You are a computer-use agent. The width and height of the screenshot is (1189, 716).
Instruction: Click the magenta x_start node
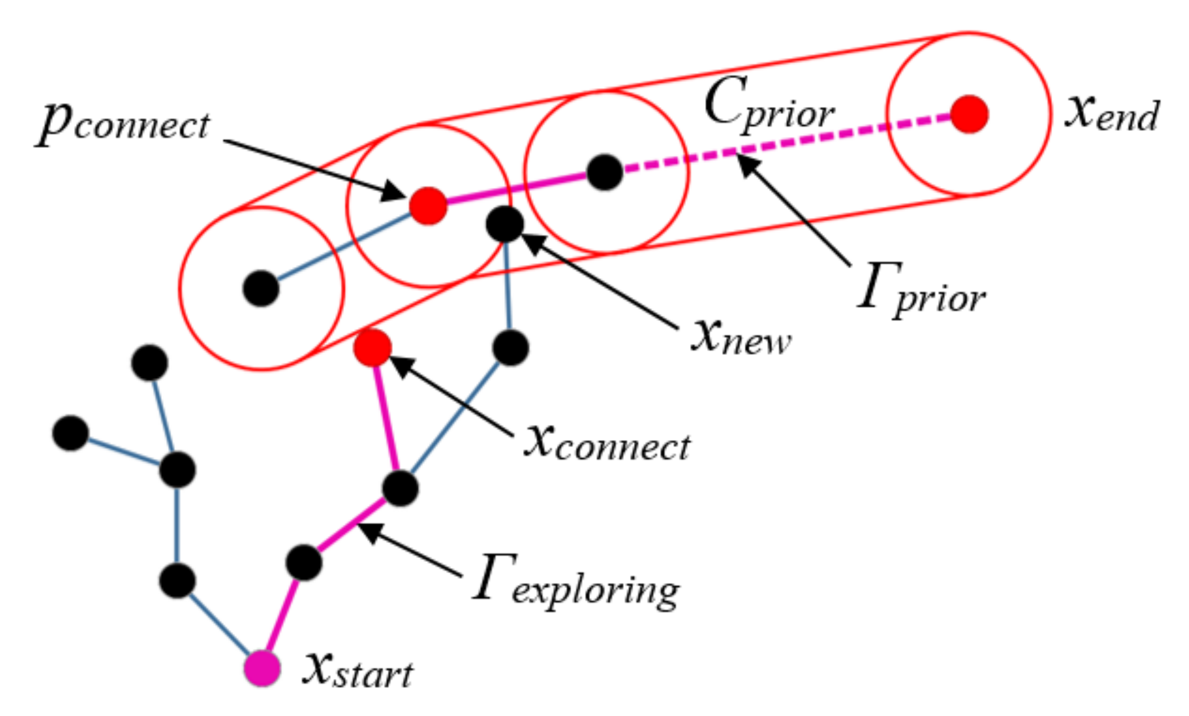(262, 668)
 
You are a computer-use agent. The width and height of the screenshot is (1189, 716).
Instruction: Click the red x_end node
(969, 114)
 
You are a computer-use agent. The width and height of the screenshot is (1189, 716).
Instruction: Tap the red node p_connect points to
(428, 206)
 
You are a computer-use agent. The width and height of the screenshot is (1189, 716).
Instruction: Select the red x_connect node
(373, 347)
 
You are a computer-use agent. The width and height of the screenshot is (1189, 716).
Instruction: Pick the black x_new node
(505, 224)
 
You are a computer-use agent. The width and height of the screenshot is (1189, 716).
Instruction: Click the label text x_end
(1111, 114)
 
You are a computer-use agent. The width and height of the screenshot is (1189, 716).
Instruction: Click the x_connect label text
(607, 444)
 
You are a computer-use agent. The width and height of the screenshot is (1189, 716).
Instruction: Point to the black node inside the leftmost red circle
(261, 288)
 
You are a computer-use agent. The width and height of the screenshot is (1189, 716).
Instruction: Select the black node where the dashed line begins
(605, 172)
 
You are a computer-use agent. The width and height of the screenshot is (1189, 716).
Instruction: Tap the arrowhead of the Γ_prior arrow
(745, 162)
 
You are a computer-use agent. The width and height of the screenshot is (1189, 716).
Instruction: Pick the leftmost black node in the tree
(71, 433)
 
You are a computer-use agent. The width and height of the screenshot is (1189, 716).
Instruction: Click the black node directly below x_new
(510, 347)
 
